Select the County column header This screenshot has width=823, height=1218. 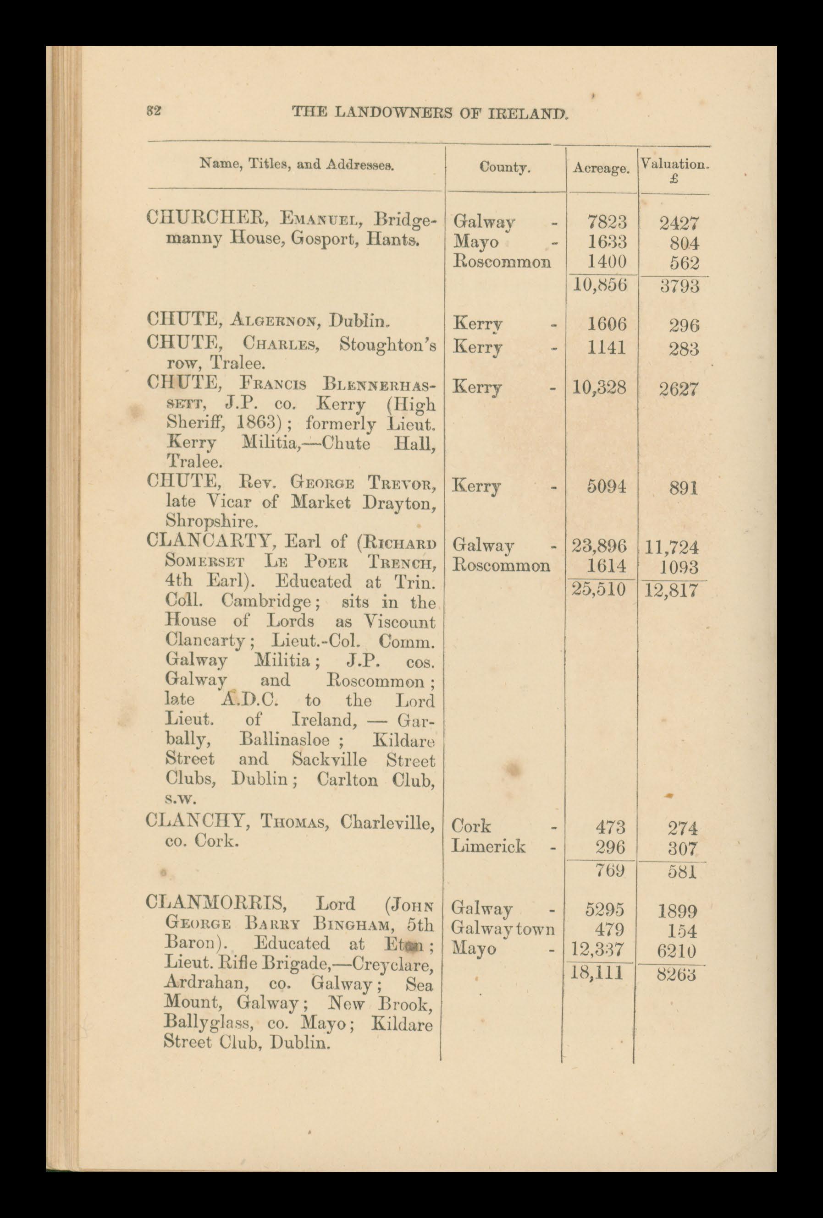504,167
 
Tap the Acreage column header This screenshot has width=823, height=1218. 601,168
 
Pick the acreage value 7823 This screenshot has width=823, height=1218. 607,222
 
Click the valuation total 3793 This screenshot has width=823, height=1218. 679,287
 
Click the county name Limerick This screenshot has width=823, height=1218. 488,847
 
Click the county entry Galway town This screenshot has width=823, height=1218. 503,930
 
